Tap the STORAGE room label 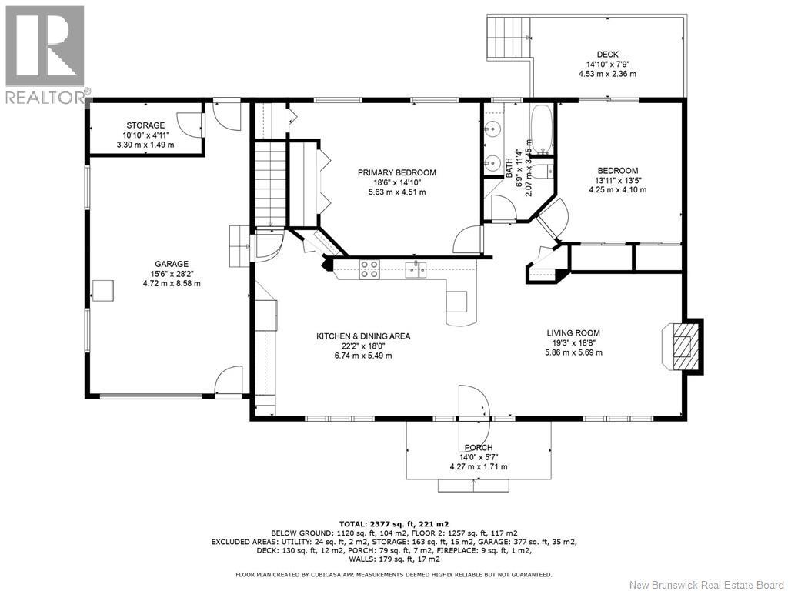[145, 125]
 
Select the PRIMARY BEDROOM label [397, 173]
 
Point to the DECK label [608, 55]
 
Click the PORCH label [479, 447]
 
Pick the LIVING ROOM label [573, 332]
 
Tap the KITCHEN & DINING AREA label [363, 336]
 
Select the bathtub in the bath [541, 129]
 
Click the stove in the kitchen [369, 269]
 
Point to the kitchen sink [416, 270]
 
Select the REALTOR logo [45, 55]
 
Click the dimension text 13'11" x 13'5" [618, 180]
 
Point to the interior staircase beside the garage [270, 184]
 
